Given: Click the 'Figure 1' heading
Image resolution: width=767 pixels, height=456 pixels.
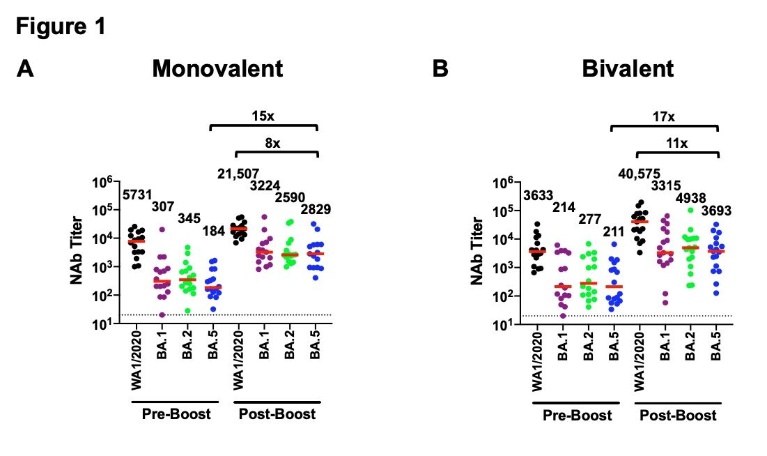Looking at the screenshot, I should (x=61, y=27).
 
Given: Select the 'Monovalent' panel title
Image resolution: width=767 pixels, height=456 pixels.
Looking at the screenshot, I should (x=217, y=69).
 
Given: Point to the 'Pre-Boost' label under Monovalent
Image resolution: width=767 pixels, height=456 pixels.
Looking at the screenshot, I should (x=174, y=414).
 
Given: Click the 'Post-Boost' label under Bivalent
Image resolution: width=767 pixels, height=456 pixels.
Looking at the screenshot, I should (x=678, y=416).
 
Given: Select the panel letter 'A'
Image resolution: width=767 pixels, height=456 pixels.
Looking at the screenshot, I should (x=26, y=69).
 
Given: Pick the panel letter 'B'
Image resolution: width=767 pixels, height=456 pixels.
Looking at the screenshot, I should (x=440, y=69).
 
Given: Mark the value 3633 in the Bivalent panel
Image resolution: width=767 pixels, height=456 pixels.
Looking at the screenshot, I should (x=540, y=196).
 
